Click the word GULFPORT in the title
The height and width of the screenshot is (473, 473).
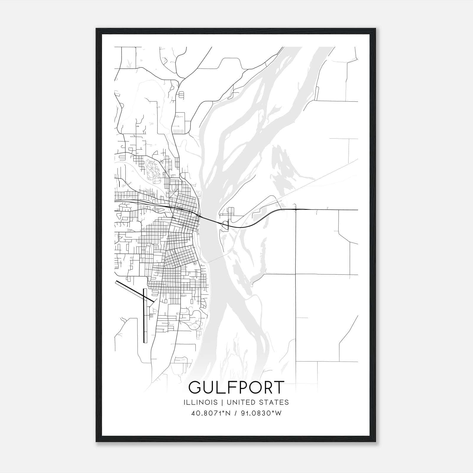(x=236, y=388)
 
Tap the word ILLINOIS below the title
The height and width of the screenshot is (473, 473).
(x=200, y=402)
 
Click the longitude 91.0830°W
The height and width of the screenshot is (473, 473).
(x=262, y=413)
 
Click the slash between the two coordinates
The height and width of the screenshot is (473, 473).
(x=235, y=413)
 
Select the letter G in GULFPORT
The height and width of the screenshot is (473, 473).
(x=196, y=388)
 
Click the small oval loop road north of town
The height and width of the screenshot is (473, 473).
(x=181, y=95)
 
